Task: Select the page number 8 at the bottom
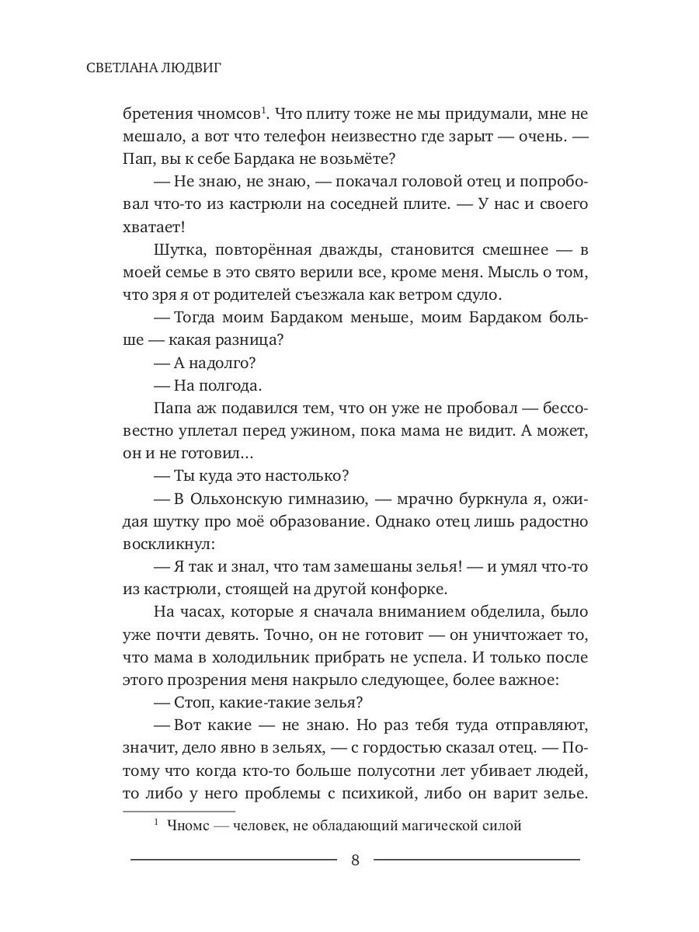(355, 861)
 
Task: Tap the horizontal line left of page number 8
(234, 860)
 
